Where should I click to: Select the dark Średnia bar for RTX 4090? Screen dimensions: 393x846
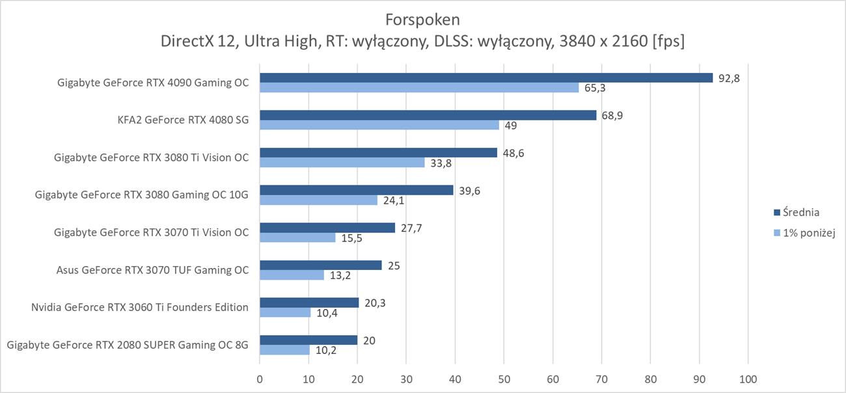(485, 77)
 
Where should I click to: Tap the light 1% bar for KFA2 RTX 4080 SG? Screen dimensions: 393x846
(379, 125)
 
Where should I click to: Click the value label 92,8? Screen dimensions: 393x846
(730, 78)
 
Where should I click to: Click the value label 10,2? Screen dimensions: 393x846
(326, 351)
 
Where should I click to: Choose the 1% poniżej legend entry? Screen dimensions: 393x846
(809, 232)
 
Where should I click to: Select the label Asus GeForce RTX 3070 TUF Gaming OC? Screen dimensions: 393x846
(152, 270)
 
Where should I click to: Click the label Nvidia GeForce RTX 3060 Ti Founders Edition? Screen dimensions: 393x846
(139, 307)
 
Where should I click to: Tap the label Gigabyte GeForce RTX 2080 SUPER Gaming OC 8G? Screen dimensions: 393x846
(128, 345)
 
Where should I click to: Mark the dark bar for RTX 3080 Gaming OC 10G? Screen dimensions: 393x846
(356, 190)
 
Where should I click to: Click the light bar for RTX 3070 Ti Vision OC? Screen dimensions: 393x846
(297, 237)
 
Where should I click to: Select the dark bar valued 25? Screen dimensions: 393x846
(320, 265)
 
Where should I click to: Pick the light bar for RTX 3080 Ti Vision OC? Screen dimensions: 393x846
(342, 163)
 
